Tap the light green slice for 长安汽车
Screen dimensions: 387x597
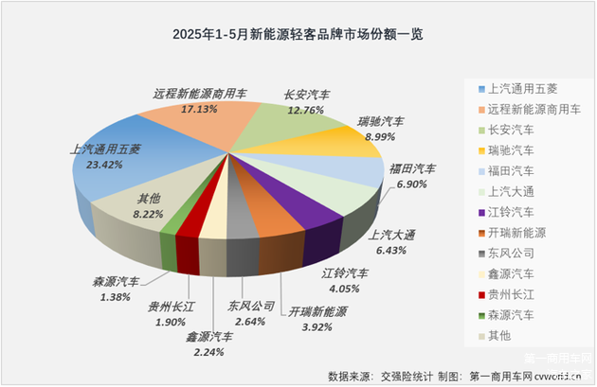click(x=280, y=128)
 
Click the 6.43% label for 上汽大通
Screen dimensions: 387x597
click(x=390, y=250)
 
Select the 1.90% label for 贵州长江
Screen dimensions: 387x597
click(x=171, y=321)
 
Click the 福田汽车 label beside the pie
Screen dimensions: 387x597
click(x=413, y=168)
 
